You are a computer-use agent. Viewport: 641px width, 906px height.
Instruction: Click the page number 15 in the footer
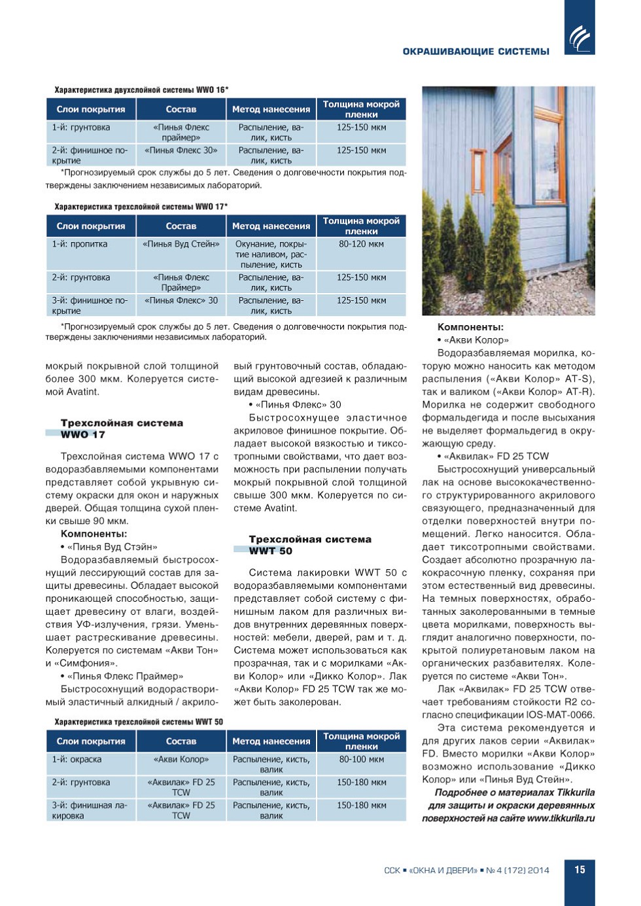(580, 869)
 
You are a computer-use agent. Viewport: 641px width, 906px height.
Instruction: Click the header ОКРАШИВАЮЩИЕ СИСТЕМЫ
(476, 52)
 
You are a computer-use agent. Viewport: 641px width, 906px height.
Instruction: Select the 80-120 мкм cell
(361, 244)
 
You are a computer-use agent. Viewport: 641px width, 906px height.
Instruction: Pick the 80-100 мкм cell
(361, 759)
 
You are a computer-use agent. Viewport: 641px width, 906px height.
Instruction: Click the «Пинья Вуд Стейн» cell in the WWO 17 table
(181, 244)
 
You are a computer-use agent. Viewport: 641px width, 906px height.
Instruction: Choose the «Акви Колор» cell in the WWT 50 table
(181, 759)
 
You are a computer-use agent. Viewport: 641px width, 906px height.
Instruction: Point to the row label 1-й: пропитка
(80, 244)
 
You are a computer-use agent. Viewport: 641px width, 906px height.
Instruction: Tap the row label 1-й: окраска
(77, 759)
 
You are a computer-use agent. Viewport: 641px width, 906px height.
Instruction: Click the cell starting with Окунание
(271, 254)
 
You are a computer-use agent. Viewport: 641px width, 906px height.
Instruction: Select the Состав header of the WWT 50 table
(181, 741)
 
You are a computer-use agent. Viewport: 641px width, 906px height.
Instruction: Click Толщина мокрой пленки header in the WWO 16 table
(361, 109)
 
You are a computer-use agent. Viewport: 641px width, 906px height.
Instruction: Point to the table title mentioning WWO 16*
(141, 90)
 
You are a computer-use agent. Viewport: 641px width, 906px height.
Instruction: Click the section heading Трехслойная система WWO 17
(122, 428)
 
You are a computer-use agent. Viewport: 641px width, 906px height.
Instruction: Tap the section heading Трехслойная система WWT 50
(309, 545)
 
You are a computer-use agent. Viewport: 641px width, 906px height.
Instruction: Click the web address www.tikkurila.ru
(561, 818)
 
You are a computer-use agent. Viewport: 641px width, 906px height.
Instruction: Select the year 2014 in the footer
(538, 870)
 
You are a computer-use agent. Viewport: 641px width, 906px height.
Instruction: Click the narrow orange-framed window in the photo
(479, 171)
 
